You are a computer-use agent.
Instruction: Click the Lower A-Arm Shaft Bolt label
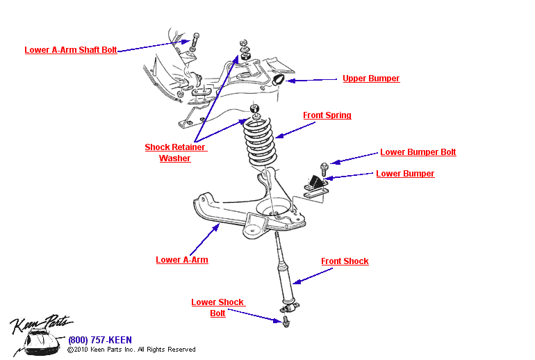click(x=70, y=50)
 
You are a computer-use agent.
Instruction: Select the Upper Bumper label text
click(x=371, y=79)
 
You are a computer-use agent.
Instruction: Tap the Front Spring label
click(x=327, y=115)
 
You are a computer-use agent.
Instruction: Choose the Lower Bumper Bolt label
click(x=418, y=152)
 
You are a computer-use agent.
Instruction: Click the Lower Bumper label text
click(x=405, y=174)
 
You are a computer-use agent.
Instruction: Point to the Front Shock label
click(x=345, y=261)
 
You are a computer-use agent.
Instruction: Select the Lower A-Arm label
click(x=181, y=260)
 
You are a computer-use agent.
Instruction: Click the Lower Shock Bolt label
click(x=217, y=308)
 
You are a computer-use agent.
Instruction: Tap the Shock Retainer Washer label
click(x=175, y=153)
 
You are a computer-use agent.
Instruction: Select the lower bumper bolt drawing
click(x=324, y=167)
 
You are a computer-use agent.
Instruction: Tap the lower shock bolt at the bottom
click(x=286, y=320)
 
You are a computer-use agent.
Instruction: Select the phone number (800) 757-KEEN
click(x=99, y=340)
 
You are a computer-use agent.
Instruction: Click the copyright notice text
click(x=131, y=350)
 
